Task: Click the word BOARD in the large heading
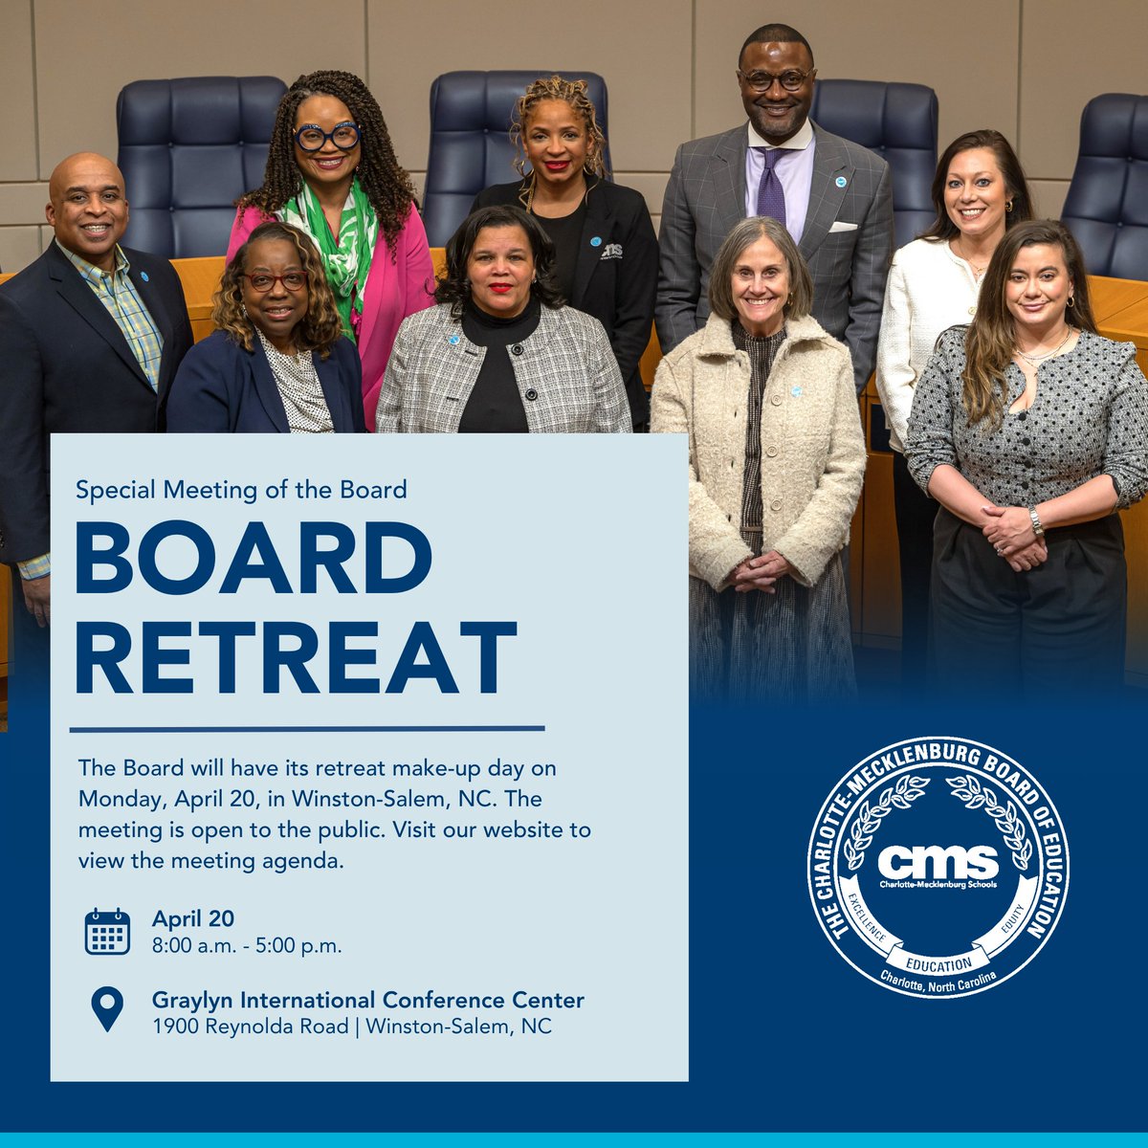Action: click(x=254, y=557)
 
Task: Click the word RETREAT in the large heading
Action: click(x=296, y=657)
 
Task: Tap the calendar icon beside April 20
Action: click(x=107, y=932)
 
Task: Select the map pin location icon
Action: click(x=107, y=1008)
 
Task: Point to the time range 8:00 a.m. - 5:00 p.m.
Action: click(x=247, y=946)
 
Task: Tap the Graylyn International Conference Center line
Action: click(x=367, y=1001)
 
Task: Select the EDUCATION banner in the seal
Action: click(x=937, y=964)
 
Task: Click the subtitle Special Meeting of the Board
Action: click(x=241, y=490)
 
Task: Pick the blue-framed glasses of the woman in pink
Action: click(x=326, y=137)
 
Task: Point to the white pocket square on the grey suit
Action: click(x=843, y=228)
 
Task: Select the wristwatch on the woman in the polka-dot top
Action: click(x=1035, y=521)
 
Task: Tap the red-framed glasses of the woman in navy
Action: click(x=274, y=281)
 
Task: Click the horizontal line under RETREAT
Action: click(x=307, y=729)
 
